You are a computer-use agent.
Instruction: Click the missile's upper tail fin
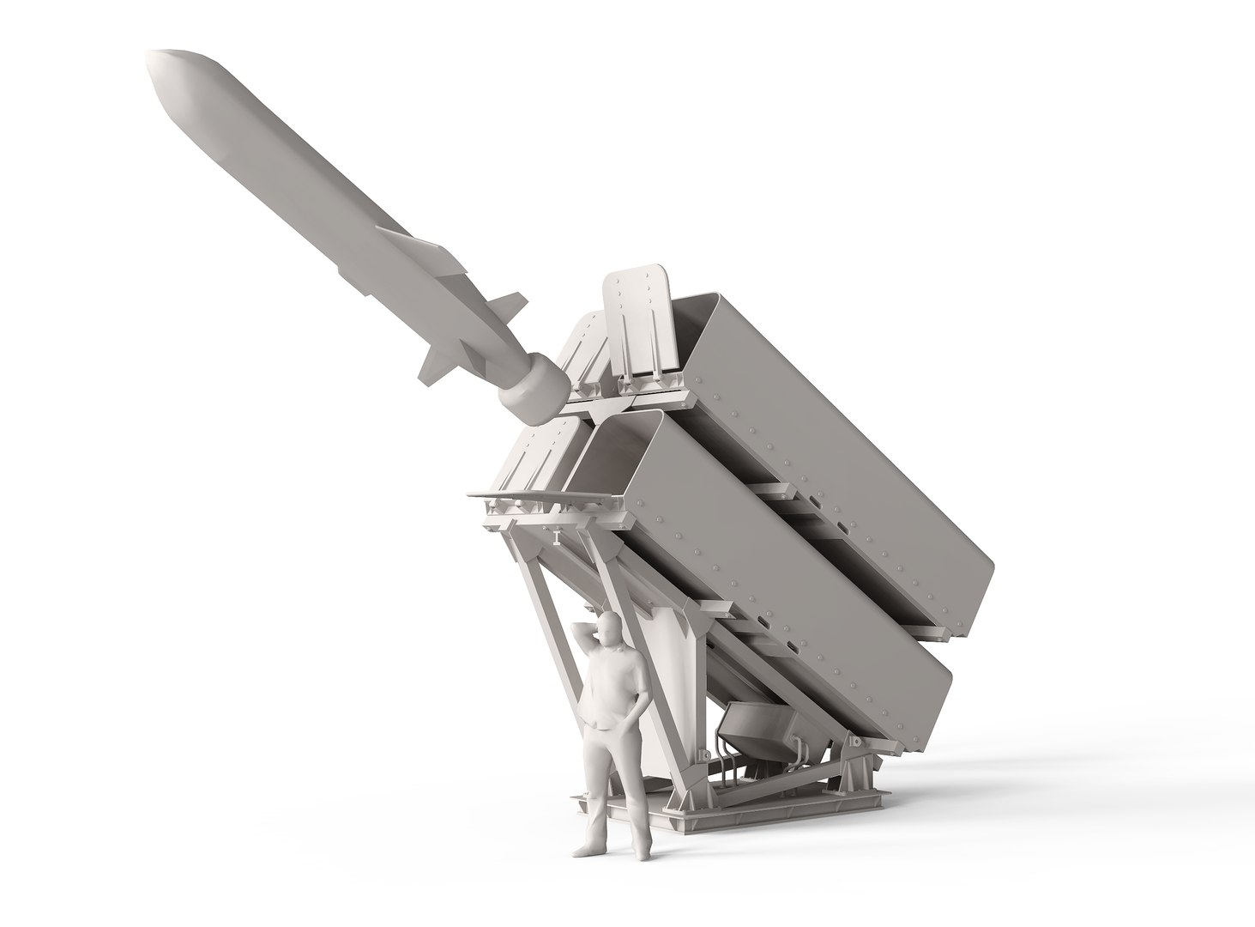tap(508, 306)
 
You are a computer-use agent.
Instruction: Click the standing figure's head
tap(607, 630)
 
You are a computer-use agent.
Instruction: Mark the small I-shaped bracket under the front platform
tap(557, 537)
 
